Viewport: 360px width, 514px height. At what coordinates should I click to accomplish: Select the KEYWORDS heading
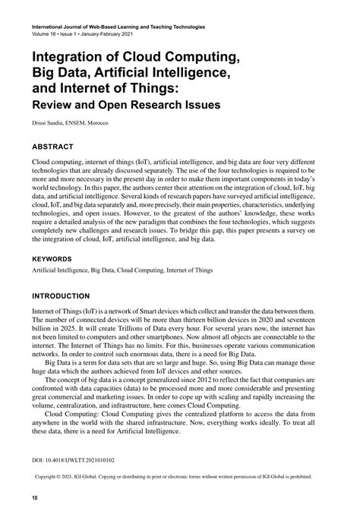[x=57, y=258]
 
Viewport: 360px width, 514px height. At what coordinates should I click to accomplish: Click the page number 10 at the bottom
[x=35, y=498]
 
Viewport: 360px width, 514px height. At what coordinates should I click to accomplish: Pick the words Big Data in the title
[x=60, y=69]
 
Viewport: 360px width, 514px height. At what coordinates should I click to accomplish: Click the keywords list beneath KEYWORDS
[x=122, y=270]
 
